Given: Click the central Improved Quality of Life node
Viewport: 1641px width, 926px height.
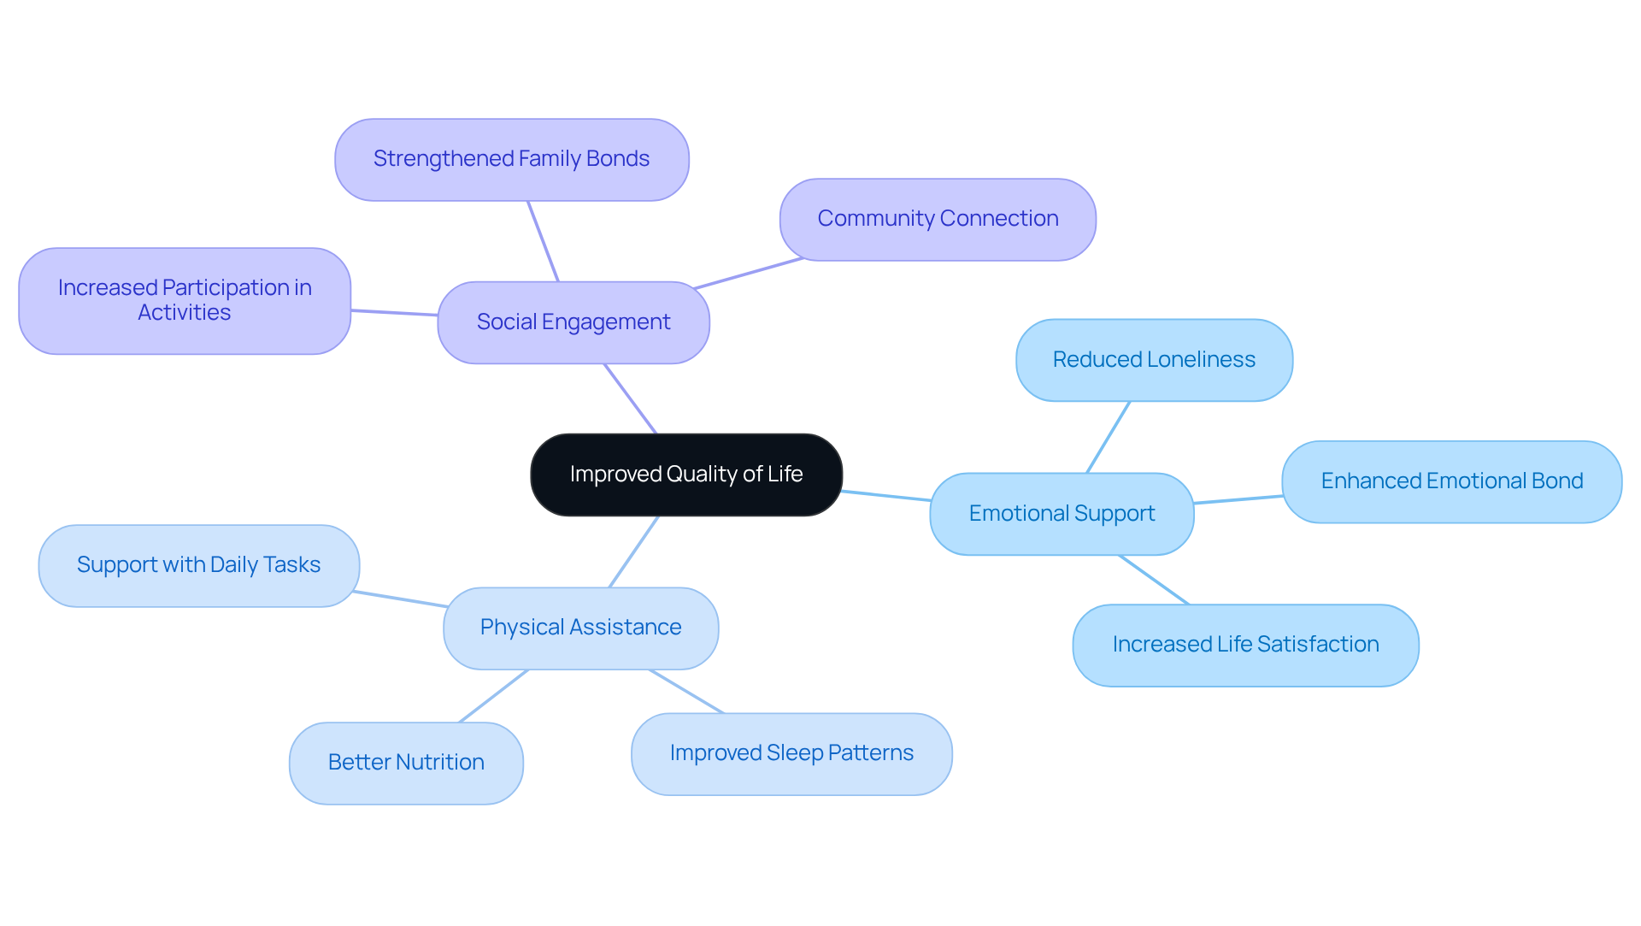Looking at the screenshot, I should (x=686, y=475).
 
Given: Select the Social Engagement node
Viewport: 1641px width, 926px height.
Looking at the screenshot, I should (x=573, y=322).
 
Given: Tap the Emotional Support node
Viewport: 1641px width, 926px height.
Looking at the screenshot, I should (x=1062, y=514).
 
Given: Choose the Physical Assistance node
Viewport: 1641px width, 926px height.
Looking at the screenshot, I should (x=580, y=628).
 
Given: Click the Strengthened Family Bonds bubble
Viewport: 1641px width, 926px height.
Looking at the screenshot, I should (x=511, y=159).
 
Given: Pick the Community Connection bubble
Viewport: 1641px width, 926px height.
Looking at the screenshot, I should (x=938, y=219).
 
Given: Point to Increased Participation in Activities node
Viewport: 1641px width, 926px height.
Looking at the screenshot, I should (x=185, y=300).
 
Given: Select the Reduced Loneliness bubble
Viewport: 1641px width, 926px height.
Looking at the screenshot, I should (x=1154, y=360).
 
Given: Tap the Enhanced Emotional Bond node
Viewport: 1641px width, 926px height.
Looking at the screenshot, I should (x=1451, y=481).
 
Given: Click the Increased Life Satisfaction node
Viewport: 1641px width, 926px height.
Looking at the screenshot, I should (x=1245, y=645).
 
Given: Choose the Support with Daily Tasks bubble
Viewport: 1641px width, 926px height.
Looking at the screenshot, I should (x=198, y=565).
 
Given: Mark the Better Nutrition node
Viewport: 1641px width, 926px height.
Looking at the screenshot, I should (x=406, y=763).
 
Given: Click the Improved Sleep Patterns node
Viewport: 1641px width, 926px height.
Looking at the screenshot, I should (x=791, y=753).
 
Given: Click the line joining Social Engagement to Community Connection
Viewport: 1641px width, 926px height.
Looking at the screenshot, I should (x=749, y=273).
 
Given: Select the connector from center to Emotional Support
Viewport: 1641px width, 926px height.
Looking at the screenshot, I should (x=886, y=496).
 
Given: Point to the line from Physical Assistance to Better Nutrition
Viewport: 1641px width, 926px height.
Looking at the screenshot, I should (x=494, y=696).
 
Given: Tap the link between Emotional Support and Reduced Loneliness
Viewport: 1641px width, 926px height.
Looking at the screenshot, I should (x=1109, y=437).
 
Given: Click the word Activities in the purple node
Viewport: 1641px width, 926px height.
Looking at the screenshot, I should (x=185, y=313).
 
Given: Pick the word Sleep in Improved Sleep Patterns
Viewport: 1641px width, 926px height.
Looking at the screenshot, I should (x=793, y=753).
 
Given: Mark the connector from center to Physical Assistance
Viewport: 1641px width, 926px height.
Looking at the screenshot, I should (x=633, y=551).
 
